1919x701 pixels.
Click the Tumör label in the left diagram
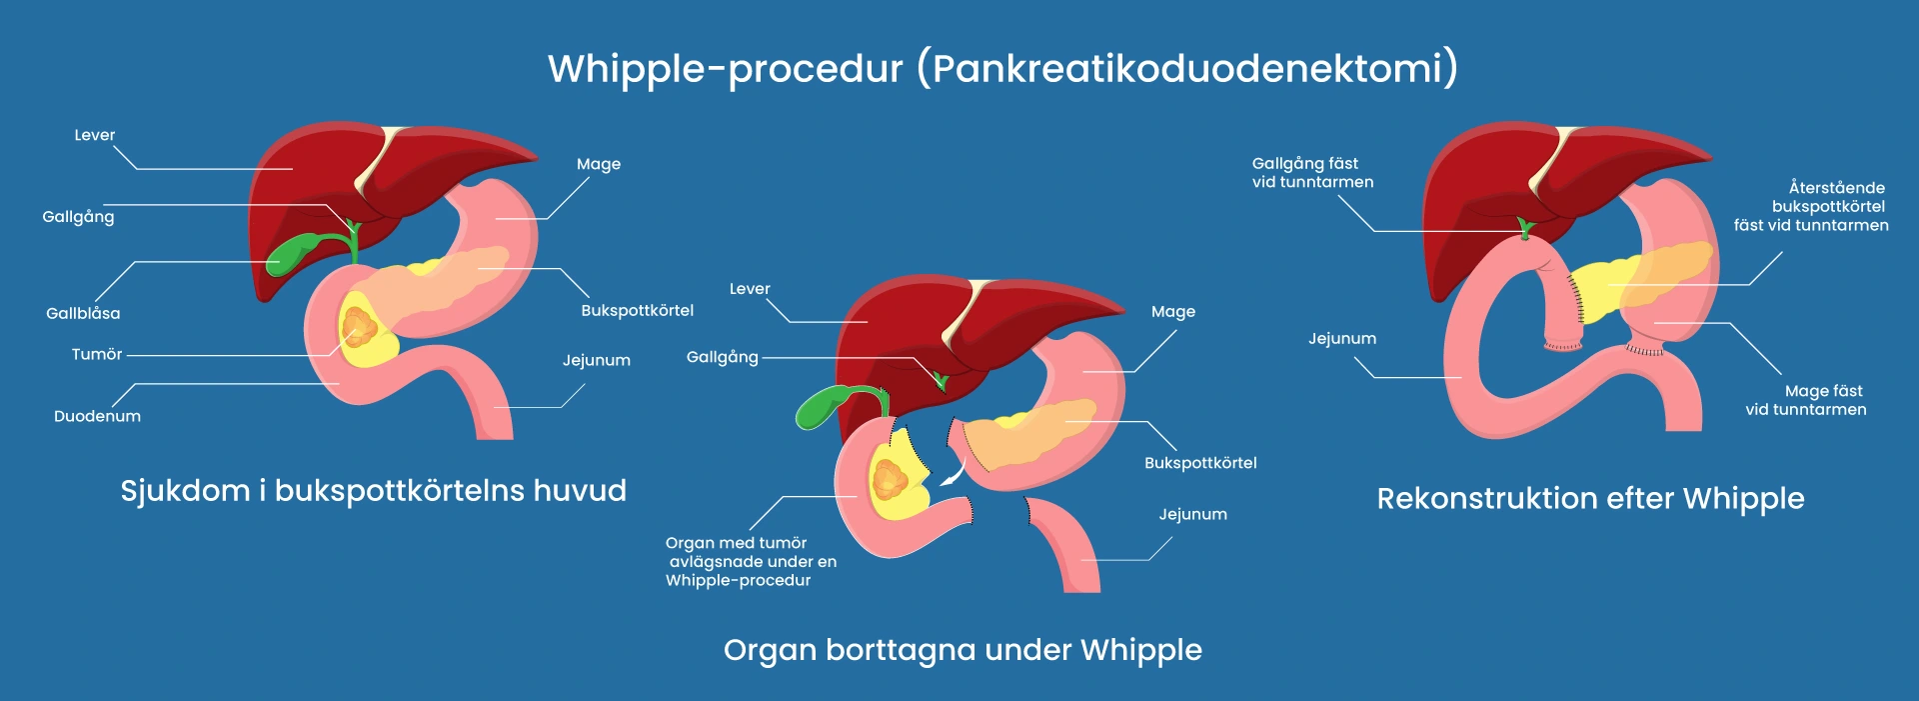(x=96, y=354)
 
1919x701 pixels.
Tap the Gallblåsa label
(x=83, y=313)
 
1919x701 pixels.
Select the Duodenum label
(x=97, y=416)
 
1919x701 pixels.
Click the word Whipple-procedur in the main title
(x=725, y=69)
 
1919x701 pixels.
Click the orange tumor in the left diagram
(x=358, y=325)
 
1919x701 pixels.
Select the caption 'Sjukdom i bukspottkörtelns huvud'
(x=373, y=491)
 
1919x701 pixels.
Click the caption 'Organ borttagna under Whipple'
(x=962, y=650)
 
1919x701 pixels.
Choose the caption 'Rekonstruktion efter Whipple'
(x=1590, y=498)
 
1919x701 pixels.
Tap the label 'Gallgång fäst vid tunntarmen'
(x=1312, y=172)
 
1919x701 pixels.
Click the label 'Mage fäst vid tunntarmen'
(x=1806, y=400)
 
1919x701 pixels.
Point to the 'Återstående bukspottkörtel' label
(x=1811, y=206)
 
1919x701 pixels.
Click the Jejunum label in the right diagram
(x=1341, y=339)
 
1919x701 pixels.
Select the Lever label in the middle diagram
(x=750, y=289)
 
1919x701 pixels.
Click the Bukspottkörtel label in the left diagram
(x=637, y=310)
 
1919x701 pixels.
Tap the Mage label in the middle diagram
(x=1172, y=312)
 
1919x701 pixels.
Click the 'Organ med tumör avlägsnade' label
(x=751, y=561)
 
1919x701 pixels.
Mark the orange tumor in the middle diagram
(x=889, y=480)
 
